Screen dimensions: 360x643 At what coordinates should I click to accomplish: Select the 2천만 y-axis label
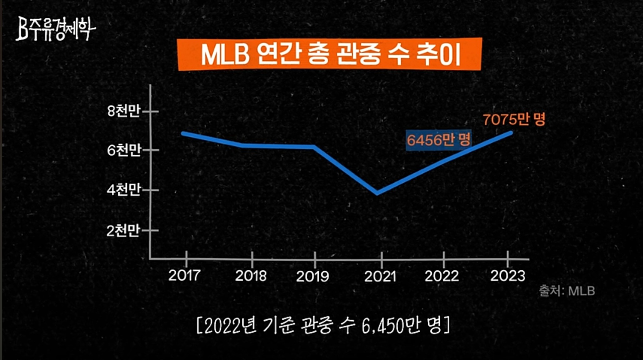point(123,231)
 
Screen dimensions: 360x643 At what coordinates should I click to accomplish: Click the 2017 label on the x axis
point(184,276)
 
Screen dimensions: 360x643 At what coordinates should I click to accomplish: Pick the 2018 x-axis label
point(251,276)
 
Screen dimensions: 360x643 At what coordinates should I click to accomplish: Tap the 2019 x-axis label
point(313,276)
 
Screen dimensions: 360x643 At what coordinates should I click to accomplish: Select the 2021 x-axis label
point(380,276)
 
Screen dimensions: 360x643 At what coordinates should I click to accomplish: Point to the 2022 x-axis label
point(442,276)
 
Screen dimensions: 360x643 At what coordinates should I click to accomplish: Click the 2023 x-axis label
point(508,276)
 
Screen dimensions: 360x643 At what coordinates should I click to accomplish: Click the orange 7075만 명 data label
point(514,119)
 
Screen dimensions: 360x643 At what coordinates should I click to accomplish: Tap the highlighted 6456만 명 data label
point(438,140)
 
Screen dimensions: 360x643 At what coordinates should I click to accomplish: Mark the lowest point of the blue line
point(378,193)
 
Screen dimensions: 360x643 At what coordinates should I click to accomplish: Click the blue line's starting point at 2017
point(183,133)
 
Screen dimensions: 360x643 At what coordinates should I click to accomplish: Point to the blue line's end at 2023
point(511,133)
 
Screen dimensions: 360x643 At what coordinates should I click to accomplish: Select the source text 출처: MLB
point(567,291)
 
